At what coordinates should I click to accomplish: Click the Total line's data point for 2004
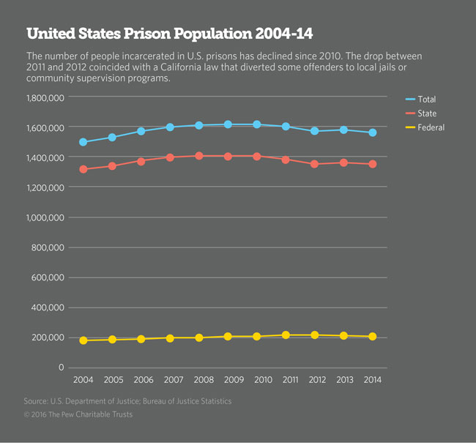83,142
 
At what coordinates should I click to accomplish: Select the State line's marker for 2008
198,156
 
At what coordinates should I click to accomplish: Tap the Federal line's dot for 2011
286,335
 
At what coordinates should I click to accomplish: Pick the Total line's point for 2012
314,131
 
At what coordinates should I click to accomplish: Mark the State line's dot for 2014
372,164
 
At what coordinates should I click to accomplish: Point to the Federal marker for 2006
141,339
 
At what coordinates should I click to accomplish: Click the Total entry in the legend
428,99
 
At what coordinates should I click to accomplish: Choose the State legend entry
428,113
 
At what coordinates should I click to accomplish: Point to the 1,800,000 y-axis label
45,97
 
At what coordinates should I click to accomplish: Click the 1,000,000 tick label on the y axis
45,217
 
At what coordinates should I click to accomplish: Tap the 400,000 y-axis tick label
48,308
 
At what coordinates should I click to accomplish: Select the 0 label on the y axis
62,368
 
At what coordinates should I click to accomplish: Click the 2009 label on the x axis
228,380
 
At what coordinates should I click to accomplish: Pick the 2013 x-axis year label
343,380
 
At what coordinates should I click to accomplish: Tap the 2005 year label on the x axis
112,380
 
